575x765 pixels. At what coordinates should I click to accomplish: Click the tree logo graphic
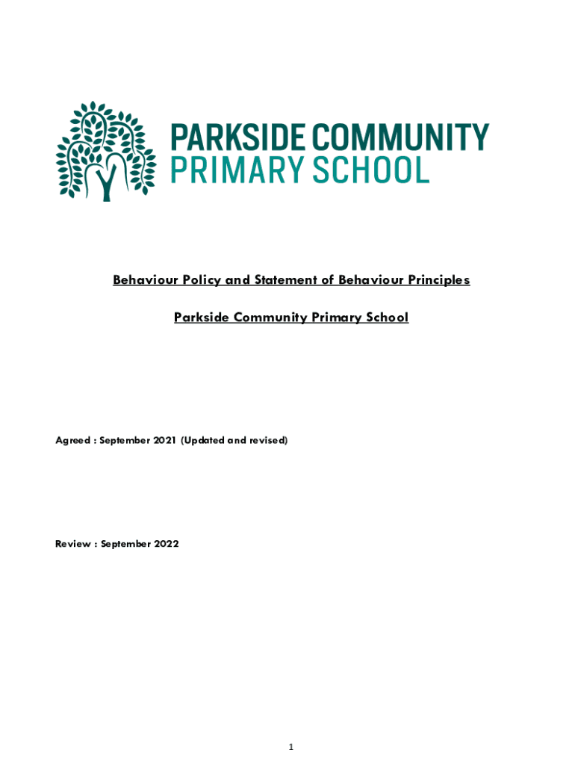click(x=105, y=152)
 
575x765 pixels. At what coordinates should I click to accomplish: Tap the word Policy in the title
click(x=203, y=280)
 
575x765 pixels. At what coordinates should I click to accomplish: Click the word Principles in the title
click(x=437, y=280)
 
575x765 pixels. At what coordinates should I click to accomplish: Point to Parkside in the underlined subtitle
click(x=201, y=318)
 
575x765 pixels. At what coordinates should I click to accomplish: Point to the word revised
click(x=268, y=441)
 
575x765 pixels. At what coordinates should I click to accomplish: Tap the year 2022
click(x=167, y=544)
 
